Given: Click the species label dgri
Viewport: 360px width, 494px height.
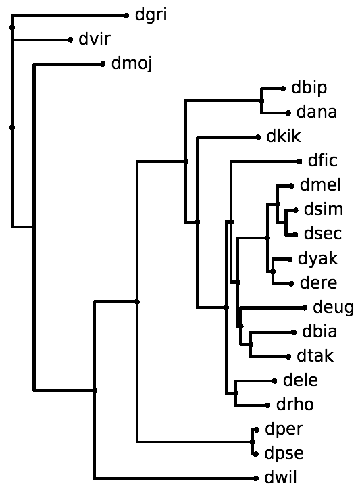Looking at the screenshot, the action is (151, 16).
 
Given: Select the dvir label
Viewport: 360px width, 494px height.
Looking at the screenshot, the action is (95, 39).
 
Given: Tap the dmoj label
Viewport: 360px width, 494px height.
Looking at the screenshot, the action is (132, 64).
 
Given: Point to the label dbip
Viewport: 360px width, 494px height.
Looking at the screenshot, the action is (309, 89).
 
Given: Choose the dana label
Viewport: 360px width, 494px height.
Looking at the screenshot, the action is (317, 112).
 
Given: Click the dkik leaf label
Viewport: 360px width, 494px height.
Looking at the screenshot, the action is (284, 137).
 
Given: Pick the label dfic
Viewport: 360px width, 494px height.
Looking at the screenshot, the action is (323, 161).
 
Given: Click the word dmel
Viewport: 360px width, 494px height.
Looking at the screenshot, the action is (320, 185).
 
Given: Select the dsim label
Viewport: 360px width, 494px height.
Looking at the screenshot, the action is (324, 209).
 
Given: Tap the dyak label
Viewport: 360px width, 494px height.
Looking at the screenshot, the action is (318, 260).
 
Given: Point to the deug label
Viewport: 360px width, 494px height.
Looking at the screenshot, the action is (333, 307).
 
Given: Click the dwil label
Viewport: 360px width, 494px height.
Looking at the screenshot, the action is (280, 478).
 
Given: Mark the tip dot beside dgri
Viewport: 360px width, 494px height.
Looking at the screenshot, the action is (126, 16).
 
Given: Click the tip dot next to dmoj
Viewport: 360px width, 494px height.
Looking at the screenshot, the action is (103, 64).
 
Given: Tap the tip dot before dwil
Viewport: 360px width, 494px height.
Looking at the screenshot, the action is (256, 478).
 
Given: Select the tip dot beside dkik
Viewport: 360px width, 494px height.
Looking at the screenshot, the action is (258, 137).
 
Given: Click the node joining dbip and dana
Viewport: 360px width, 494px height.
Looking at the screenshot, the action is (262, 101).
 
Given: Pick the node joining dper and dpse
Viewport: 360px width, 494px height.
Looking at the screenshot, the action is (253, 442).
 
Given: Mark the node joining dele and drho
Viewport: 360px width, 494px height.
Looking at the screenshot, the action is (236, 393).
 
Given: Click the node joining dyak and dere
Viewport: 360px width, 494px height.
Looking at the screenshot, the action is (273, 271).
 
